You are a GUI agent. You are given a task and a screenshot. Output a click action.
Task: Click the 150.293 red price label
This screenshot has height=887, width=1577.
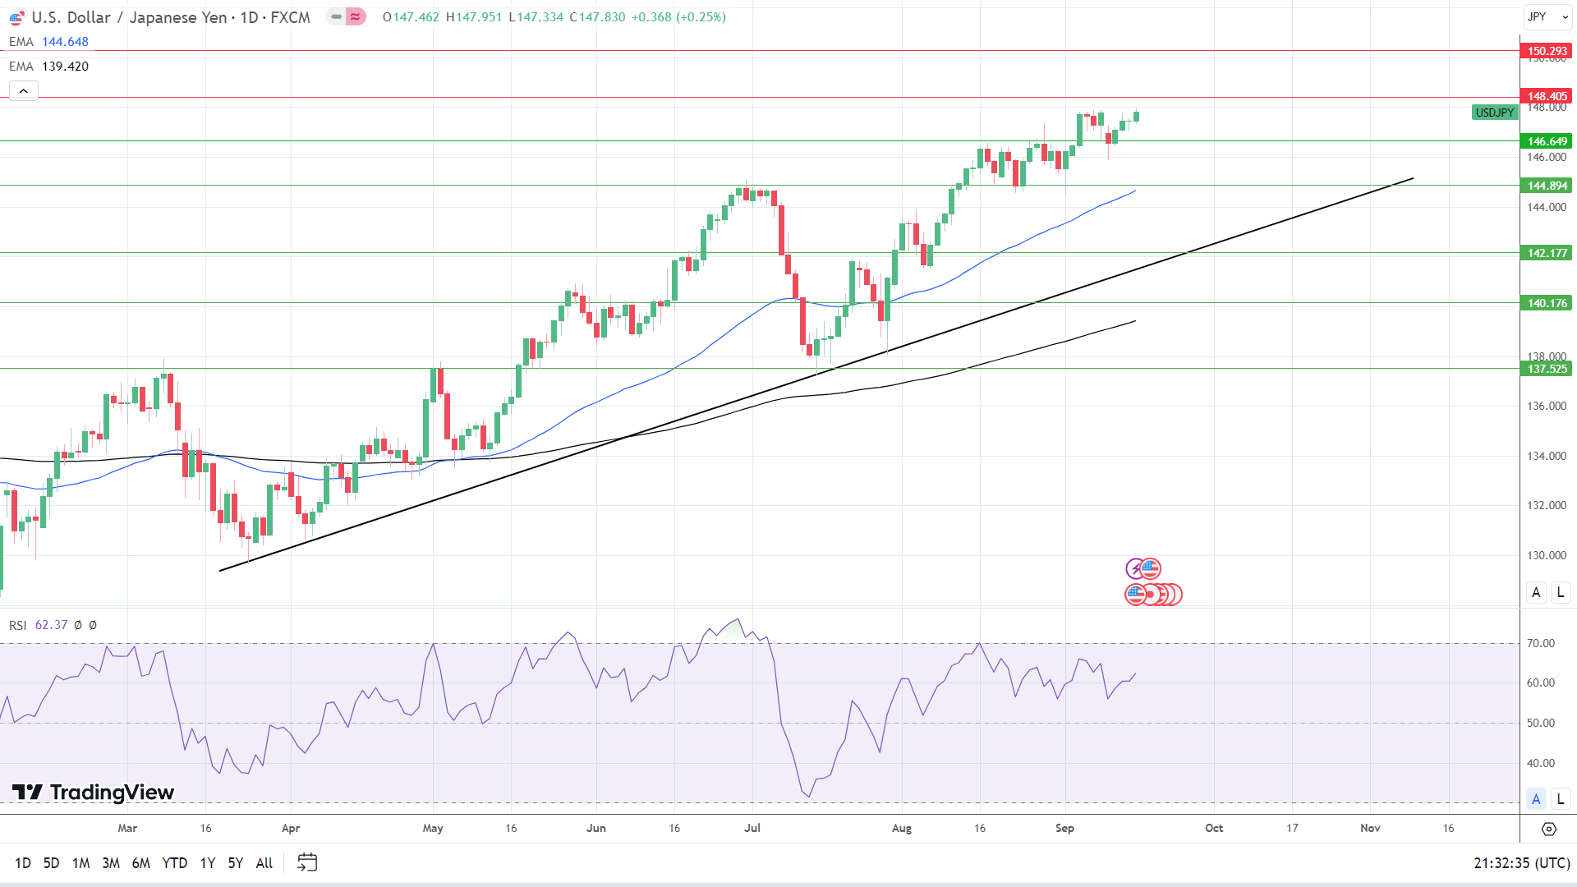tap(1547, 51)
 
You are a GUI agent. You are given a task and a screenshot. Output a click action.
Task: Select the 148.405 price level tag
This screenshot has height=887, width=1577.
tap(1547, 96)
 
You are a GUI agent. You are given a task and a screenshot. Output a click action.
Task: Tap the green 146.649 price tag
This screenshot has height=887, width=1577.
tap(1547, 141)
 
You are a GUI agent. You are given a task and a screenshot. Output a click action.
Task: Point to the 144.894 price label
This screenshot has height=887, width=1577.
tap(1547, 186)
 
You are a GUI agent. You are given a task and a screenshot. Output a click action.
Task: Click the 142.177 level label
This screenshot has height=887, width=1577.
tap(1547, 253)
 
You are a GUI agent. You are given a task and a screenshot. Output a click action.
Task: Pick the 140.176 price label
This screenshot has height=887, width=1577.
tap(1547, 303)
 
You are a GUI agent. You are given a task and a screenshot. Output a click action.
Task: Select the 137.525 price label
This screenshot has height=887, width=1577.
tap(1547, 369)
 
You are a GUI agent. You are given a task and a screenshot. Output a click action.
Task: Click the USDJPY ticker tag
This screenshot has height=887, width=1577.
tap(1494, 113)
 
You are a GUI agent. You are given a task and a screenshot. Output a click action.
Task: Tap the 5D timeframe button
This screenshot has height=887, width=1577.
tap(51, 862)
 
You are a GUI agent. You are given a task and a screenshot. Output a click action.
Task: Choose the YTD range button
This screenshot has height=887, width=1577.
tap(174, 862)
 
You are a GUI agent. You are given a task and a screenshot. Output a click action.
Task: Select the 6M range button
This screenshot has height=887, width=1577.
tap(140, 862)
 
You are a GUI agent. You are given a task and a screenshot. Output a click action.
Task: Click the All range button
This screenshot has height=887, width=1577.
tap(264, 862)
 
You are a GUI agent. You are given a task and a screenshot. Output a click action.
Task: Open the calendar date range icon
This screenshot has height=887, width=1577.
tap(307, 862)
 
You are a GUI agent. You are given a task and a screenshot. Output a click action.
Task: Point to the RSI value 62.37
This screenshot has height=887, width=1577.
tap(51, 625)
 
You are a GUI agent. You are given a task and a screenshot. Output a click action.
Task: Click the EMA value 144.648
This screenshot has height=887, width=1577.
tap(65, 42)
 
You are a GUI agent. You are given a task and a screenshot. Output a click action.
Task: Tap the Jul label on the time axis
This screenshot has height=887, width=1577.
tap(752, 828)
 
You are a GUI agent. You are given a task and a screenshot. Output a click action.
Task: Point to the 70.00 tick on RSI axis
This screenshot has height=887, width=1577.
tap(1540, 643)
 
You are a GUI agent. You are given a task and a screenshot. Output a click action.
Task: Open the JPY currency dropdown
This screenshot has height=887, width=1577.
tap(1547, 16)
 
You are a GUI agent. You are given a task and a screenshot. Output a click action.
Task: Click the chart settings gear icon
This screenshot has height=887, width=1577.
tap(1548, 829)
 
